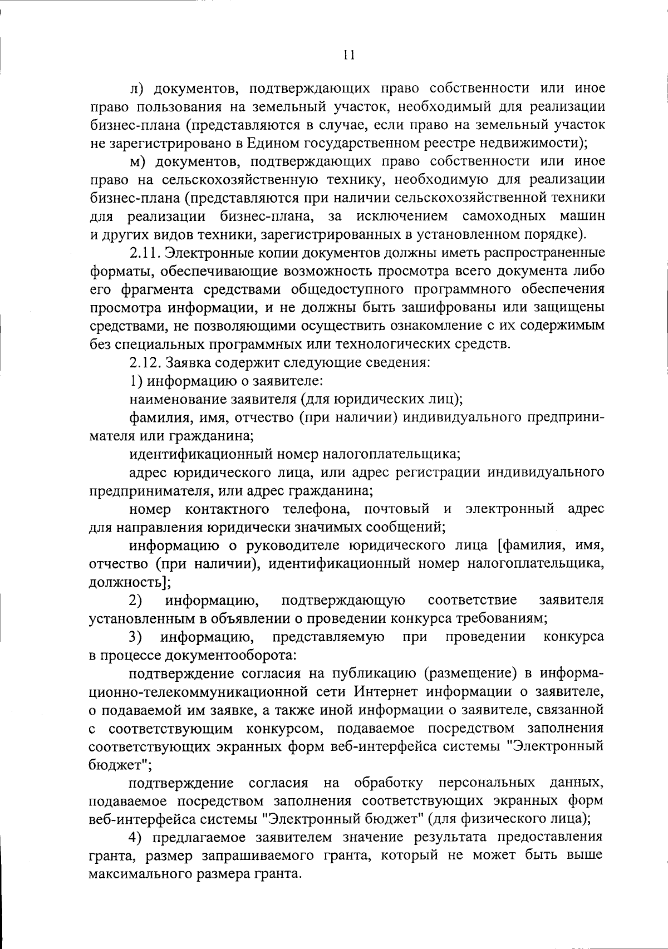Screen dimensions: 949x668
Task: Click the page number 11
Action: pyautogui.click(x=349, y=55)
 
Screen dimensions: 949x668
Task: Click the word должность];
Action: pyautogui.click(x=130, y=582)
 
